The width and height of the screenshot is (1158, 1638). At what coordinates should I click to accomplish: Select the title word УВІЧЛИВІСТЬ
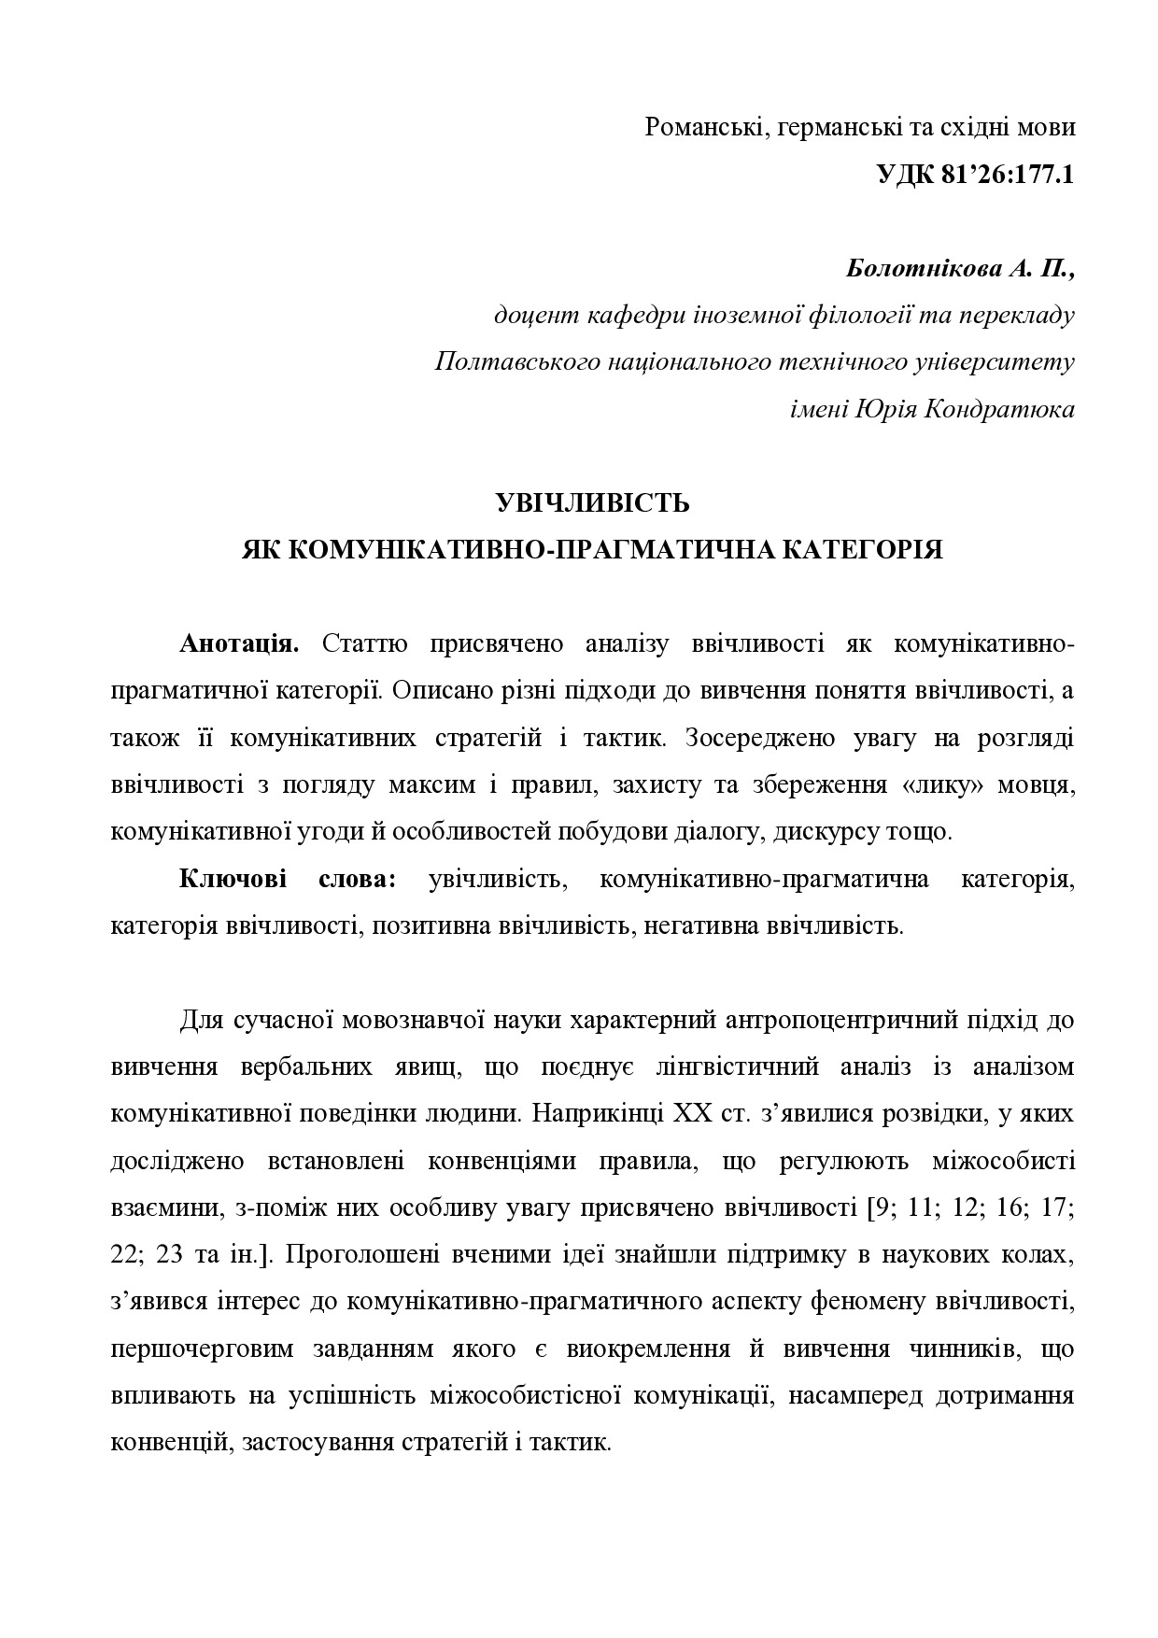[592, 504]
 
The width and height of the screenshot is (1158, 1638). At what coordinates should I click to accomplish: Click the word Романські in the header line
[702, 128]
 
